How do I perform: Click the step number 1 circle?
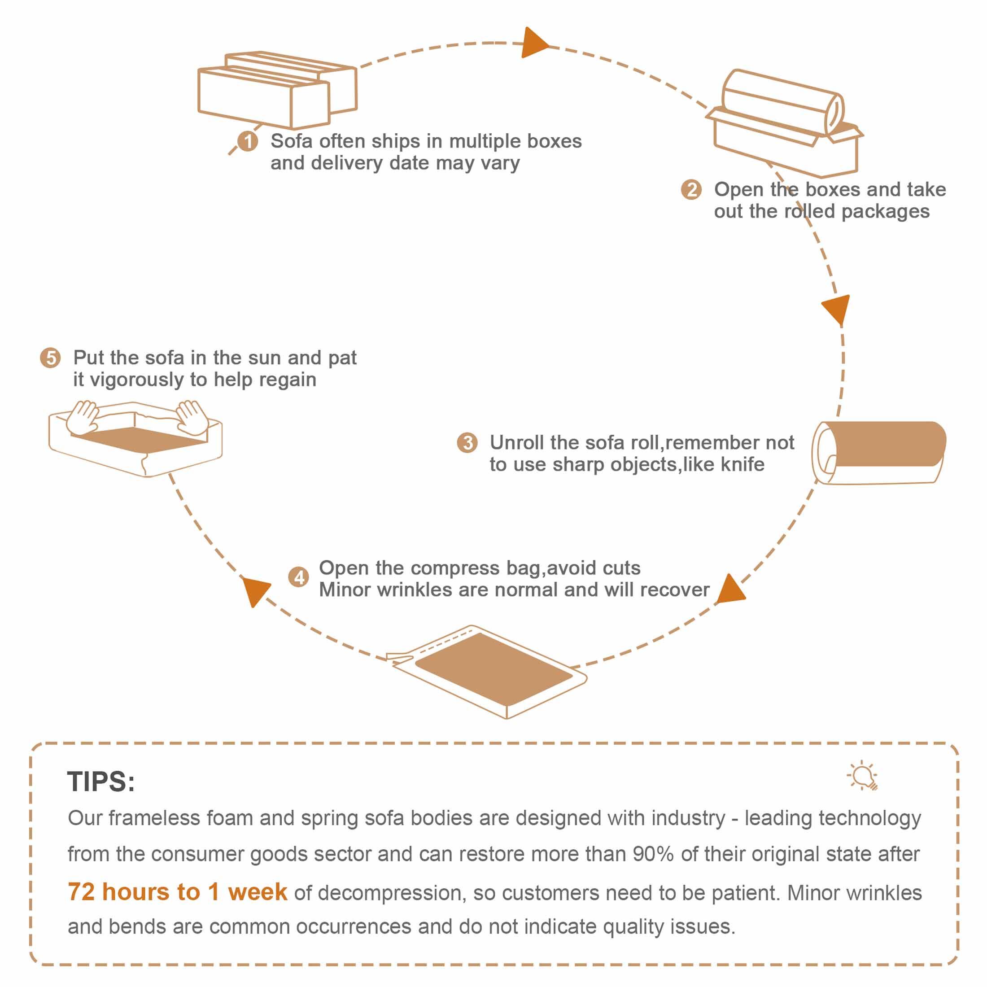pyautogui.click(x=248, y=141)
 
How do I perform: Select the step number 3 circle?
pyautogui.click(x=467, y=442)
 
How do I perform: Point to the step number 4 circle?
pyautogui.click(x=299, y=577)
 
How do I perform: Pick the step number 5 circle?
pyautogui.click(x=51, y=358)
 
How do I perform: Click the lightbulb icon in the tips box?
pyautogui.click(x=863, y=776)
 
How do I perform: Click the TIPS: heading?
pyautogui.click(x=101, y=782)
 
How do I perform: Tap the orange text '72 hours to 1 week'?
pyautogui.click(x=177, y=892)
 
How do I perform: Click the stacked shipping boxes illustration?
pyautogui.click(x=277, y=90)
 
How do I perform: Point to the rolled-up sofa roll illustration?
pyautogui.click(x=879, y=452)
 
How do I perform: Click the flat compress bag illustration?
pyautogui.click(x=487, y=671)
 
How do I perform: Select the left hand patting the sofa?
pyautogui.click(x=84, y=416)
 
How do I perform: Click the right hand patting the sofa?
pyautogui.click(x=192, y=417)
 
